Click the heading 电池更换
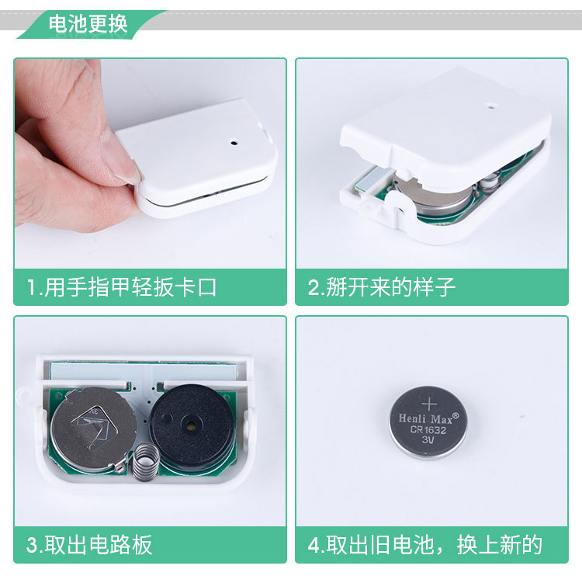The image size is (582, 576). [88, 24]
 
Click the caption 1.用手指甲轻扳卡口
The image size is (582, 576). [122, 287]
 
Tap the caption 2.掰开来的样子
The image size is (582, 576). [382, 287]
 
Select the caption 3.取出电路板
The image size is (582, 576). [89, 544]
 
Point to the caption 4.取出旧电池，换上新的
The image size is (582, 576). [425, 544]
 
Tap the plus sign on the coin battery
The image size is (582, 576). [429, 403]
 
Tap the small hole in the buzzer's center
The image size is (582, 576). [189, 424]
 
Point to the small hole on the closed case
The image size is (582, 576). [233, 142]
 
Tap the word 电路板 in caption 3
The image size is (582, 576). [120, 544]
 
